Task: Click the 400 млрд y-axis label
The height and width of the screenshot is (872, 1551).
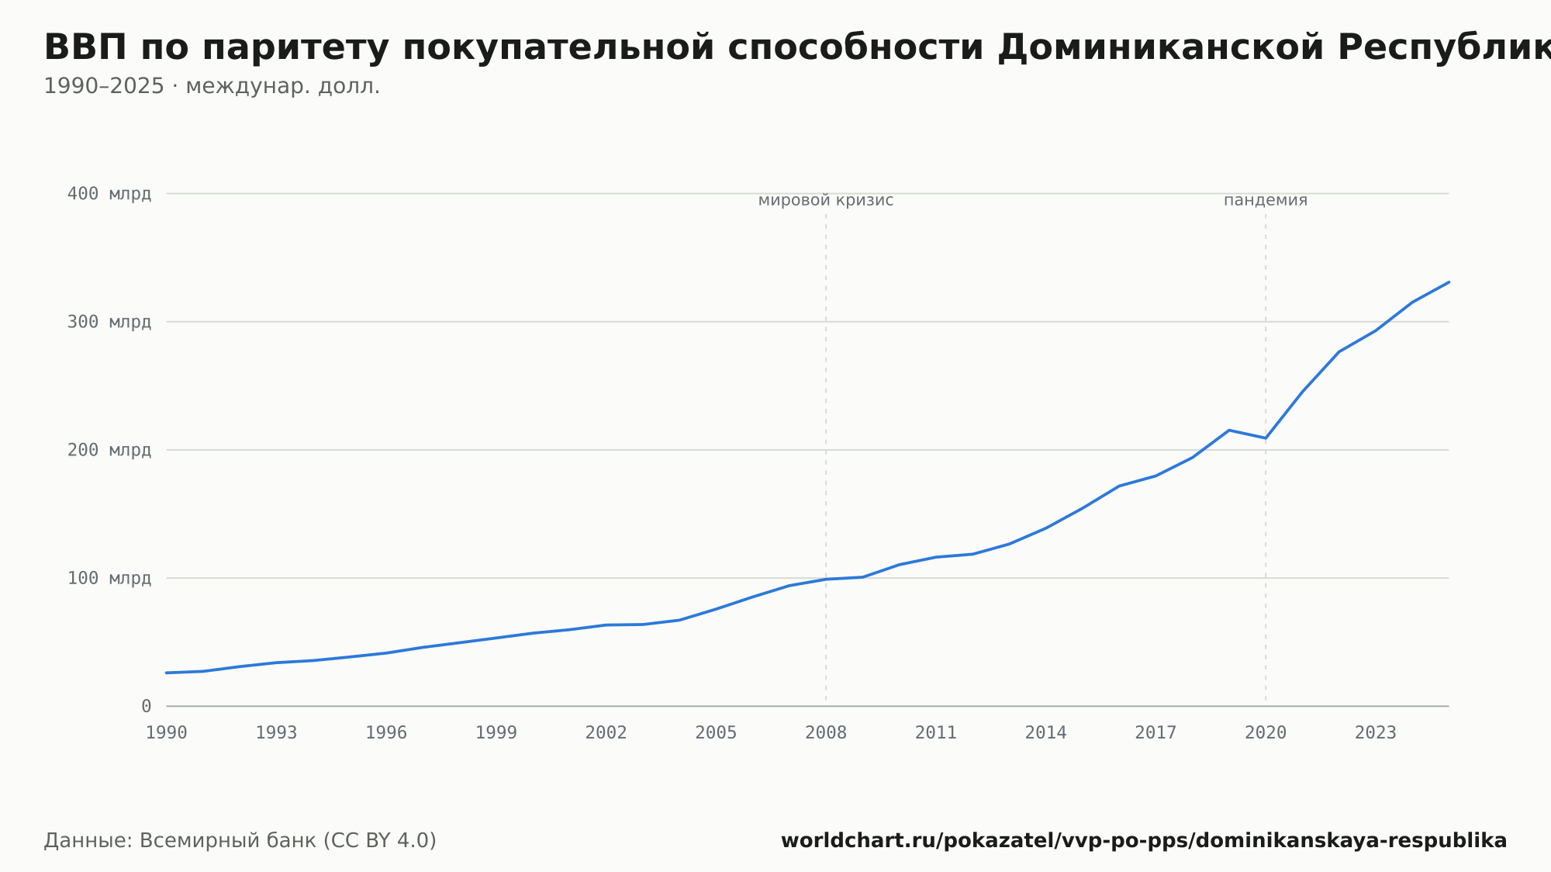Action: coord(109,194)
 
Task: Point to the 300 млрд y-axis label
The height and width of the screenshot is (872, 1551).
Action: coord(109,322)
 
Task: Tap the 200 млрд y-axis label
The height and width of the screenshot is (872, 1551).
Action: coord(109,450)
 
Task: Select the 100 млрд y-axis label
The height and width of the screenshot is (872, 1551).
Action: coord(109,578)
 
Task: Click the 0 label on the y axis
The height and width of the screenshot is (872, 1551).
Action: coord(147,706)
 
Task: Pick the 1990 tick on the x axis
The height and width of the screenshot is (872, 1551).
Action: coord(167,733)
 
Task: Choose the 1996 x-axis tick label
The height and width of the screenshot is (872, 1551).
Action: coord(386,733)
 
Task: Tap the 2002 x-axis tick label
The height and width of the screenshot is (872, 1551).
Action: coord(606,733)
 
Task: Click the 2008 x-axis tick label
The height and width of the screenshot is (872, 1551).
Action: coord(826,733)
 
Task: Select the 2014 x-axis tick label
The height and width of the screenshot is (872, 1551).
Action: coord(1046,733)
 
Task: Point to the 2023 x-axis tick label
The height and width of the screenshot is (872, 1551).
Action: coord(1376,733)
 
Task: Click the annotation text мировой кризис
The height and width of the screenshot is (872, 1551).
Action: coord(826,201)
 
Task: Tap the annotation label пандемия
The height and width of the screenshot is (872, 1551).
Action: coord(1266,201)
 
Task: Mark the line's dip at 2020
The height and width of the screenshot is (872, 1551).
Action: coord(1266,438)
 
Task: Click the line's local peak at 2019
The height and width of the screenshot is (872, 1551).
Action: coord(1229,430)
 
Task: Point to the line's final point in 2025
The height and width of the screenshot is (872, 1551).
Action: coord(1449,282)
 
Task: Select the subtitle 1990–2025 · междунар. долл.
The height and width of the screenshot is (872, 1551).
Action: coord(212,86)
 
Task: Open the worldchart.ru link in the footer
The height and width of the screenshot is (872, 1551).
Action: coord(1144,841)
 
